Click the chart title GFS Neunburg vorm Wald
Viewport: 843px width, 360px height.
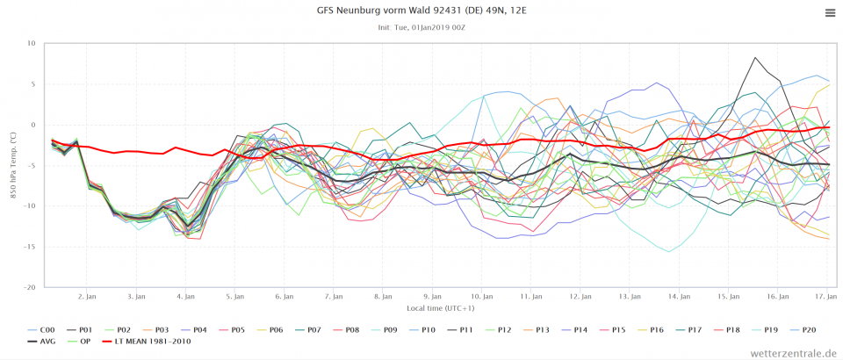click(x=421, y=11)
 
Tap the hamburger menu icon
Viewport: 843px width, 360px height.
click(x=830, y=12)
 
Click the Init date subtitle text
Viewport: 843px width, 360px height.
click(x=421, y=27)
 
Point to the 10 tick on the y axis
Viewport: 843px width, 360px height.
click(x=30, y=44)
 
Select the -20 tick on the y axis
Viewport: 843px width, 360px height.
click(x=28, y=288)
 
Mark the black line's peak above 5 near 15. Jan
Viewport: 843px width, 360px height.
click(x=754, y=58)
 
